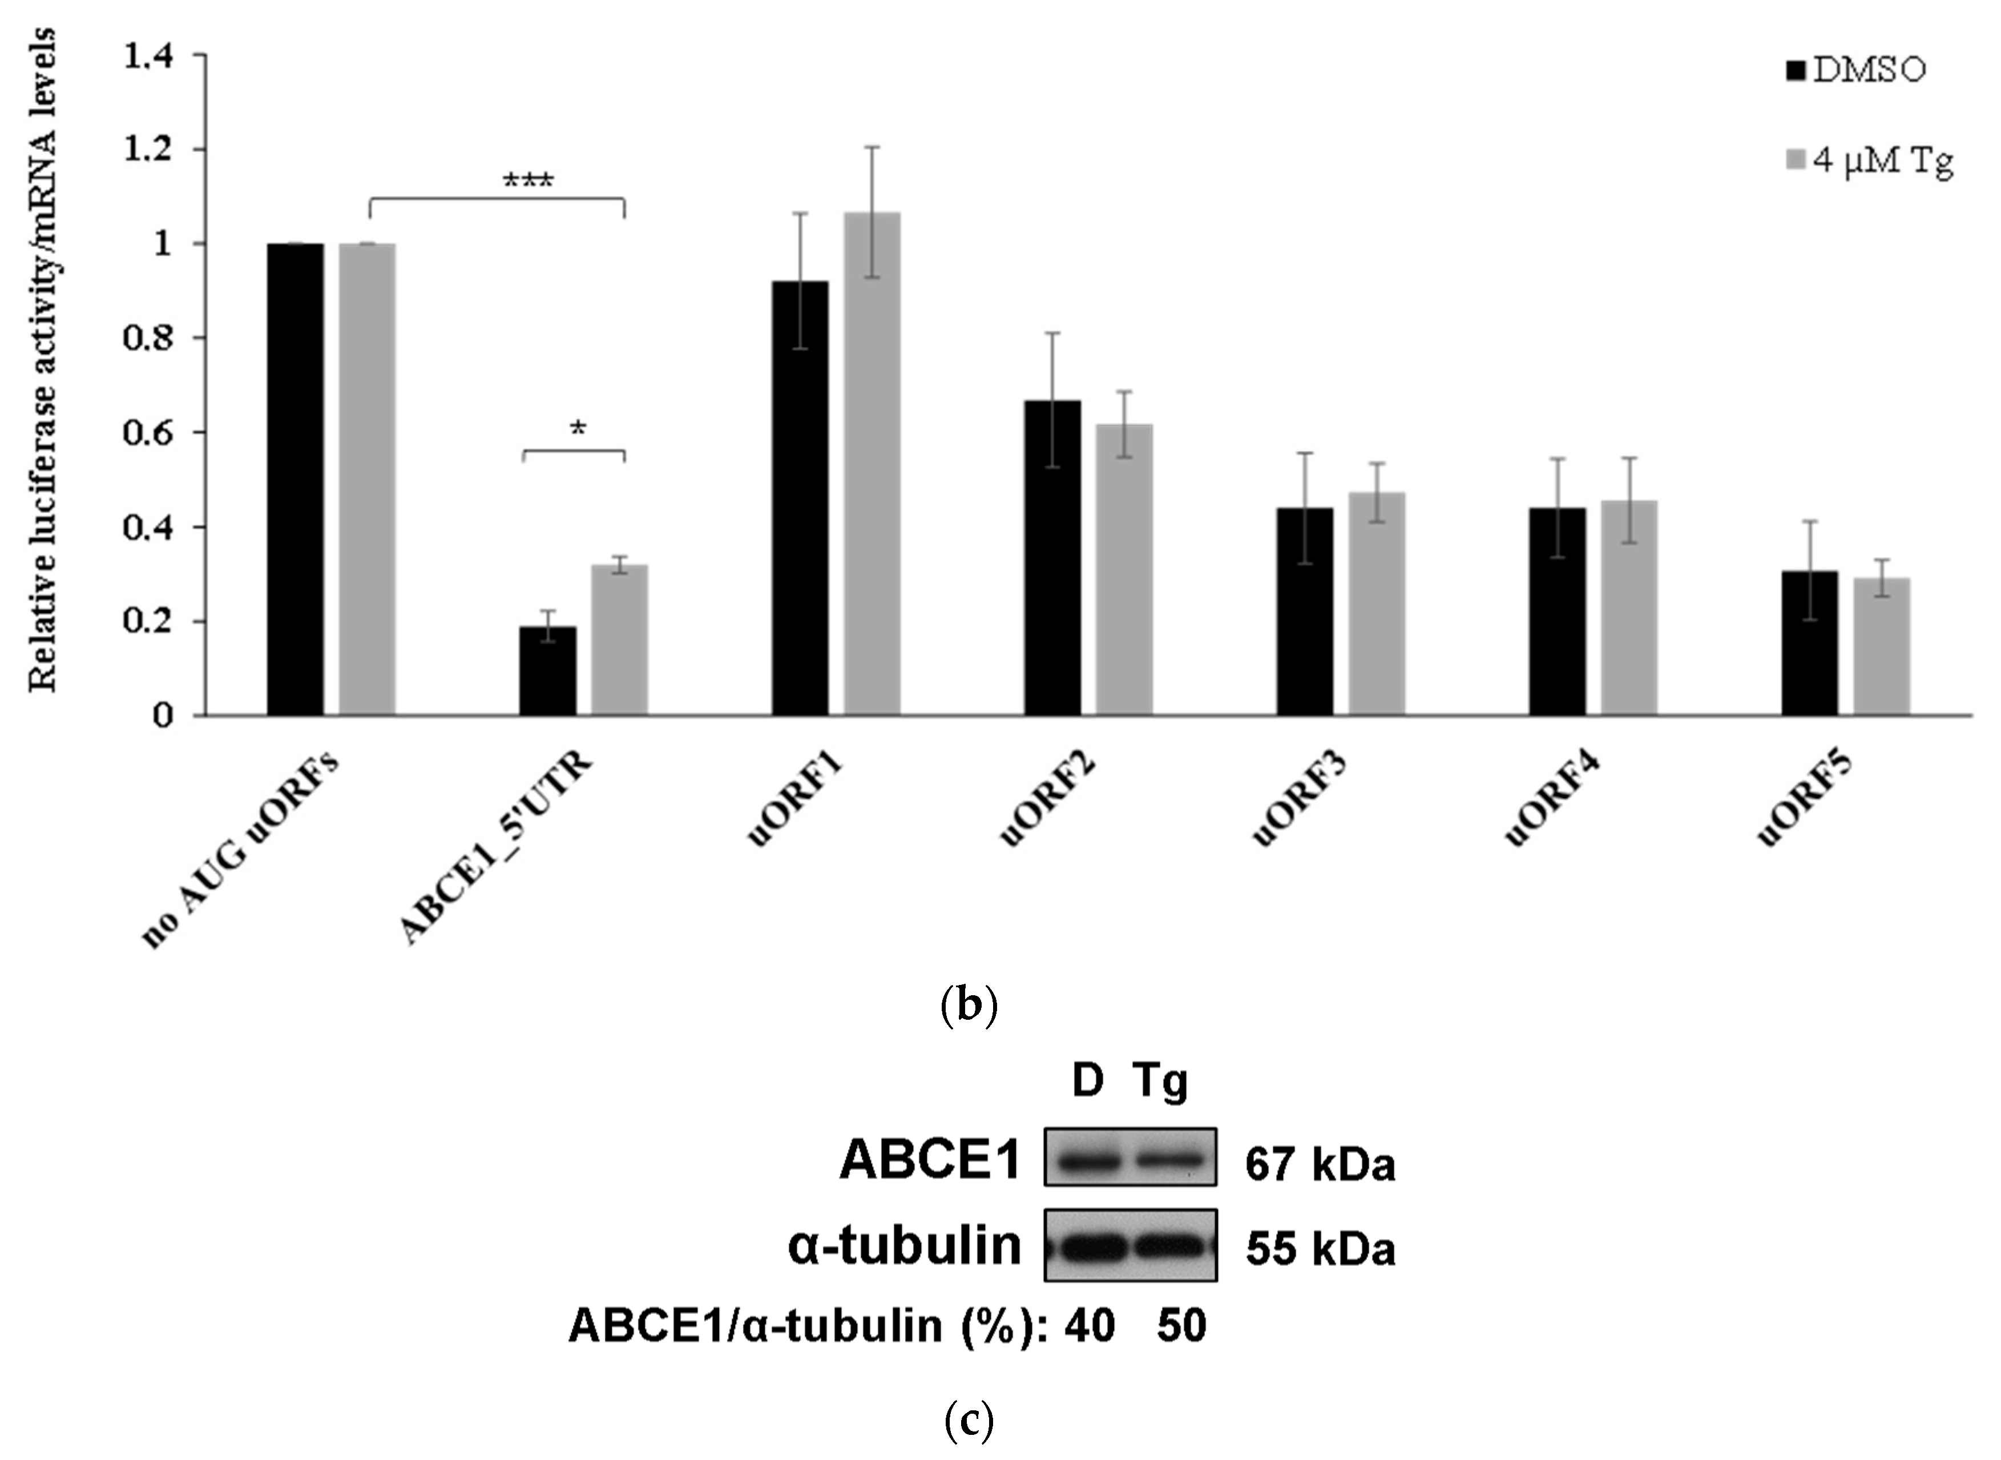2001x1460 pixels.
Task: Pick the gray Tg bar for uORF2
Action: (1124, 569)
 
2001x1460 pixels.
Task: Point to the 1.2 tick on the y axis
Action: (150, 150)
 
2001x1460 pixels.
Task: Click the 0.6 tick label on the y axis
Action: (150, 433)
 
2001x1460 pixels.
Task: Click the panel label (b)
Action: (969, 1005)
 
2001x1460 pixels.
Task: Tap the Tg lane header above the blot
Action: (1160, 1082)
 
